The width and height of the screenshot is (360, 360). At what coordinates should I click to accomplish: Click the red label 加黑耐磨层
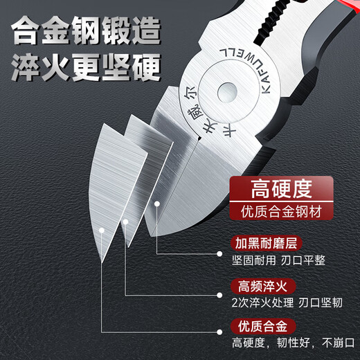[264, 244]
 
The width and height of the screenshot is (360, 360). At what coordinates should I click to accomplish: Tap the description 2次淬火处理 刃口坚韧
[285, 303]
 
